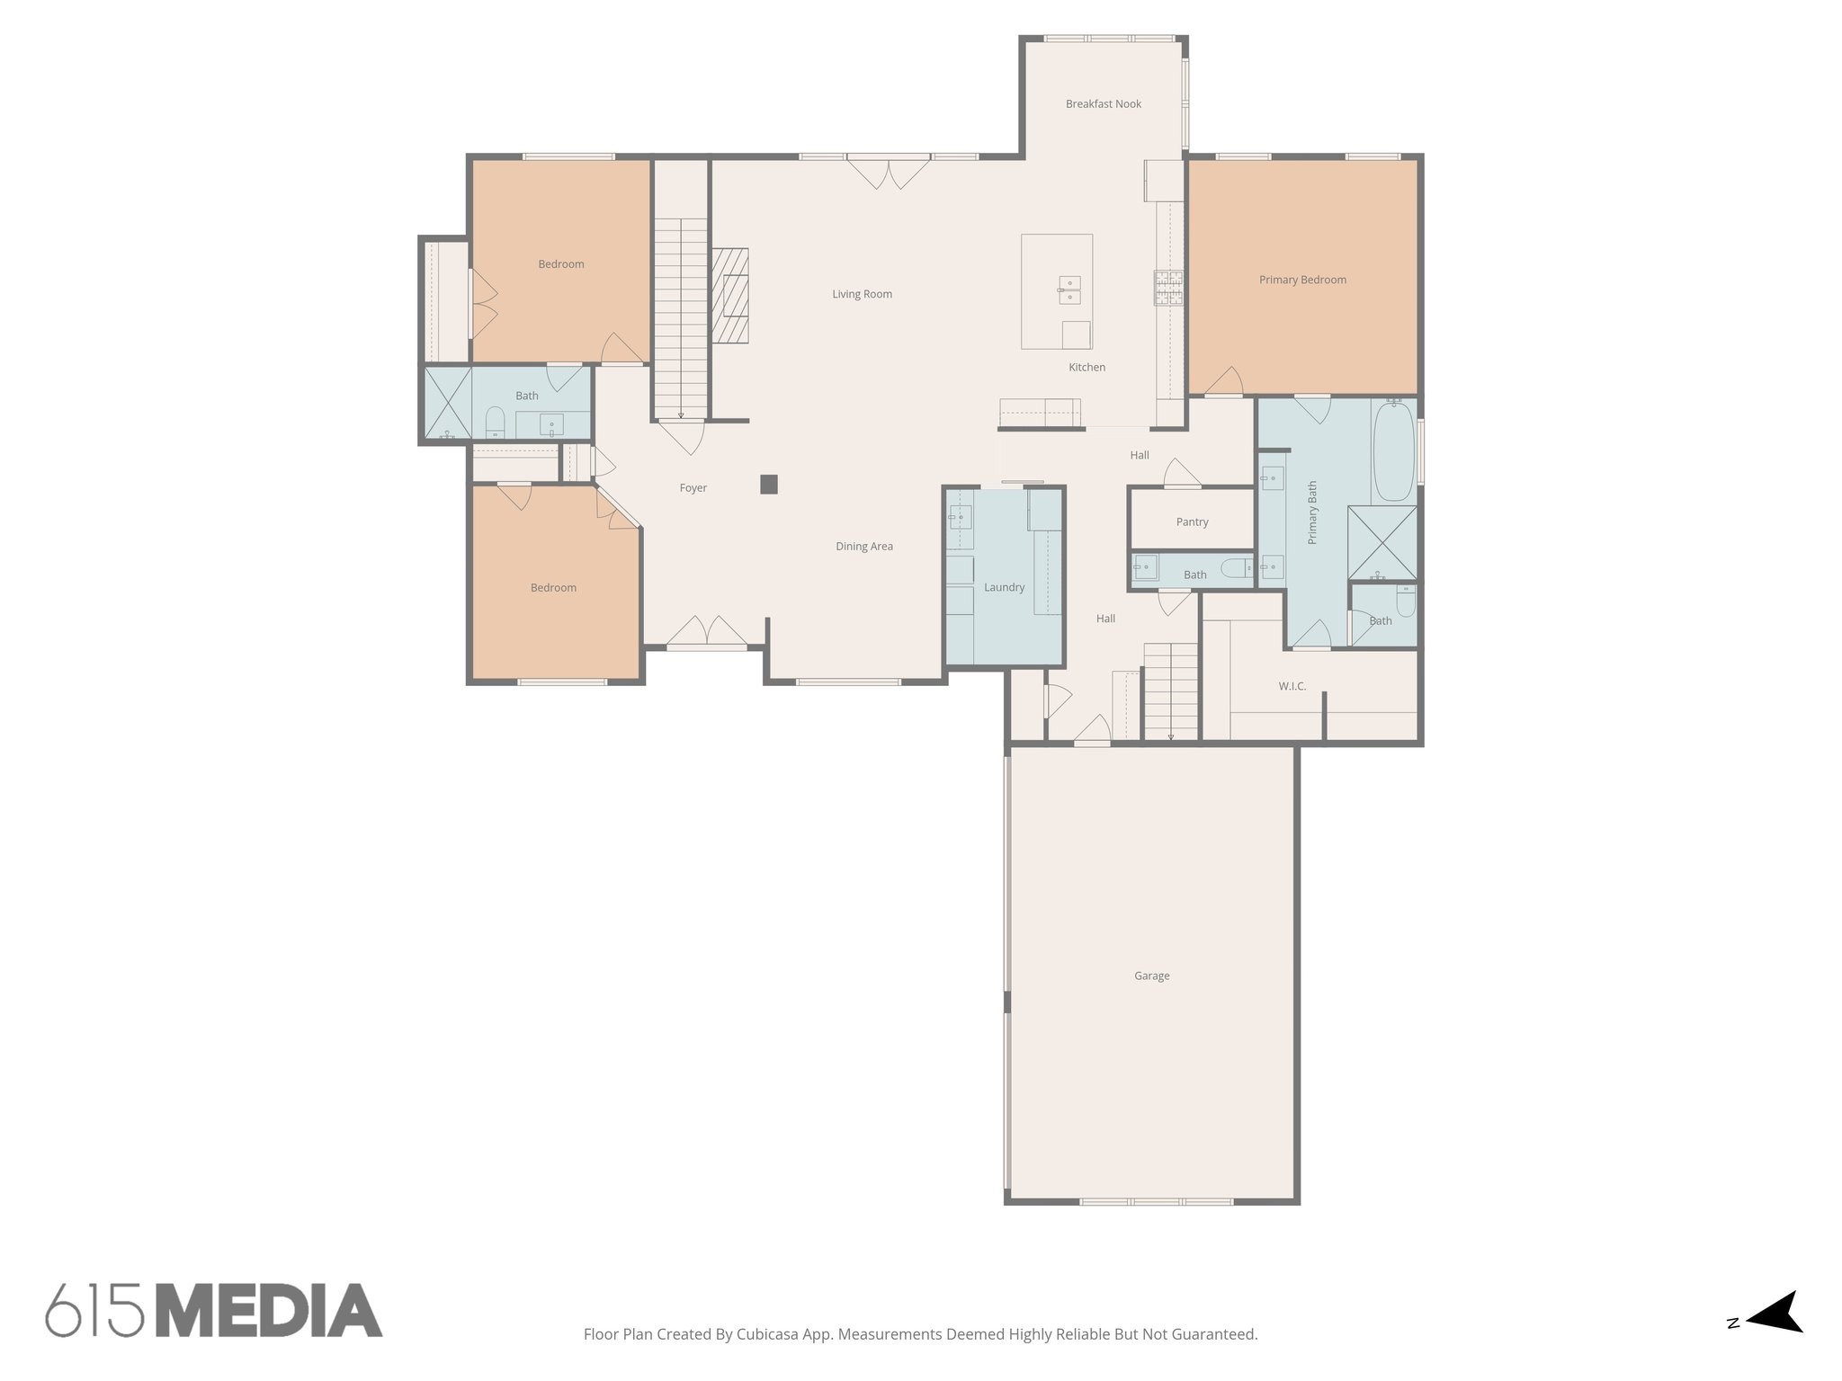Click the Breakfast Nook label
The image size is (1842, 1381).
1103,104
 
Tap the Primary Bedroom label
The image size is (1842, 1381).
1302,280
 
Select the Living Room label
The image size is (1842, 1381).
862,294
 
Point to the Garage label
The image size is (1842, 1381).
1151,976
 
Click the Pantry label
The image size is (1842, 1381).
1192,521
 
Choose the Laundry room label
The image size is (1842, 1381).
1004,587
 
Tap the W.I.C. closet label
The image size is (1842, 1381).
1292,686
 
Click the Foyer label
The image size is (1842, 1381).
693,488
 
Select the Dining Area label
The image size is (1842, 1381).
863,546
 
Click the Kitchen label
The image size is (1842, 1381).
1086,367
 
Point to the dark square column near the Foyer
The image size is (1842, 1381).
768,485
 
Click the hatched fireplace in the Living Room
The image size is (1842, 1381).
730,296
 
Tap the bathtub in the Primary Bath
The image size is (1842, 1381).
1393,450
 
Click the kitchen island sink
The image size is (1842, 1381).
1069,290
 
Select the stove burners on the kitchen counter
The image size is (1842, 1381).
1168,289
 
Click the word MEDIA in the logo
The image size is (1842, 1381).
269,1310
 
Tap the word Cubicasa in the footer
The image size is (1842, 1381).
767,1334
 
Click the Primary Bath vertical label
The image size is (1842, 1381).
1312,512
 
